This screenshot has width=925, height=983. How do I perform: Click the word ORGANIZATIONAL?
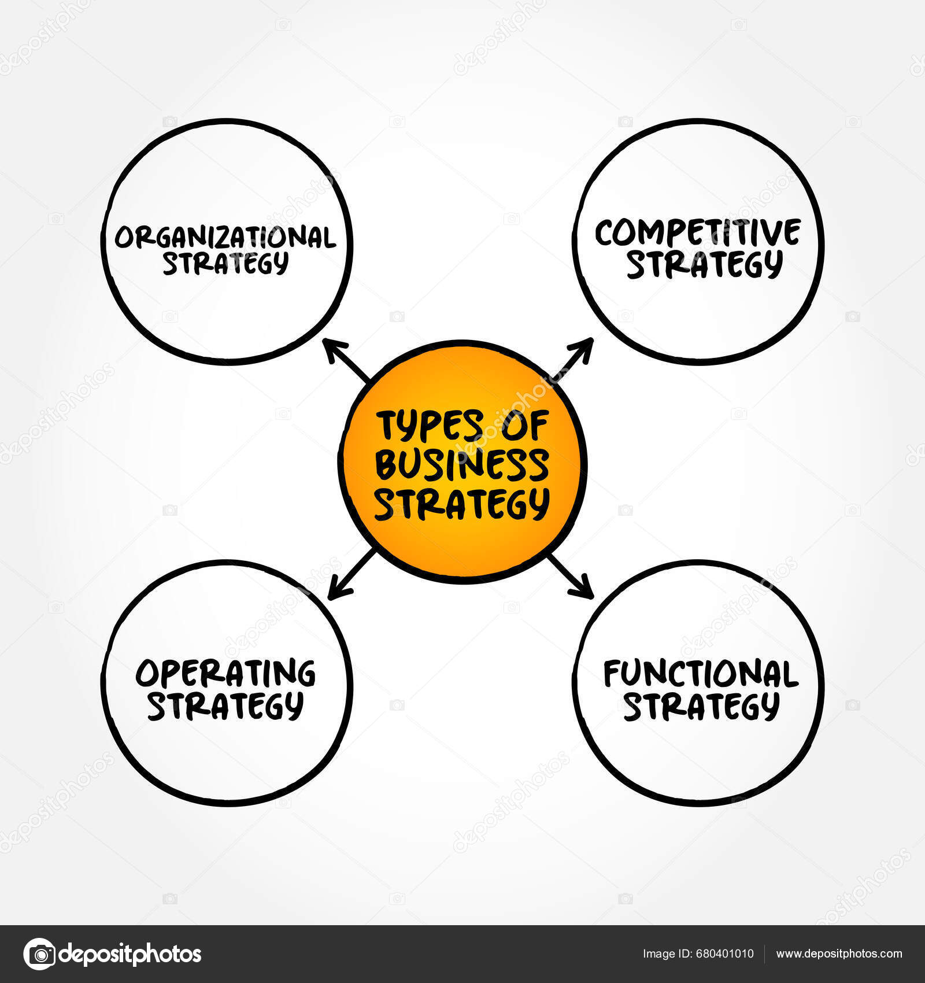(x=225, y=237)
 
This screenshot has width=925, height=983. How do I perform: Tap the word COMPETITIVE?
(x=698, y=233)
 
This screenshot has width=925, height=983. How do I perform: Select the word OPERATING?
(x=225, y=673)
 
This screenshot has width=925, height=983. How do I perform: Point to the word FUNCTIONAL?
(x=701, y=674)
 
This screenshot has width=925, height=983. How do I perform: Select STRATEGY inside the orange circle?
(x=462, y=504)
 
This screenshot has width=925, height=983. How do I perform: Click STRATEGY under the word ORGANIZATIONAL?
(x=225, y=264)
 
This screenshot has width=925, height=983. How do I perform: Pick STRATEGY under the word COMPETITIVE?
(x=705, y=265)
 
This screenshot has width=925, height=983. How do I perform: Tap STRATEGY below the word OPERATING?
(x=225, y=705)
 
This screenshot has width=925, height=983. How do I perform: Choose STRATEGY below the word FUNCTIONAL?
(x=701, y=707)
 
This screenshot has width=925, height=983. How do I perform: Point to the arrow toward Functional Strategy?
(x=572, y=576)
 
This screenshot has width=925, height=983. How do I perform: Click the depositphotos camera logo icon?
(x=39, y=954)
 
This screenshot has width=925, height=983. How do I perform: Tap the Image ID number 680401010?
(x=724, y=954)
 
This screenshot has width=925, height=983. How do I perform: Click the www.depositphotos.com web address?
(x=839, y=954)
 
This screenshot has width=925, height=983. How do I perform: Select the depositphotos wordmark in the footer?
(x=131, y=954)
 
